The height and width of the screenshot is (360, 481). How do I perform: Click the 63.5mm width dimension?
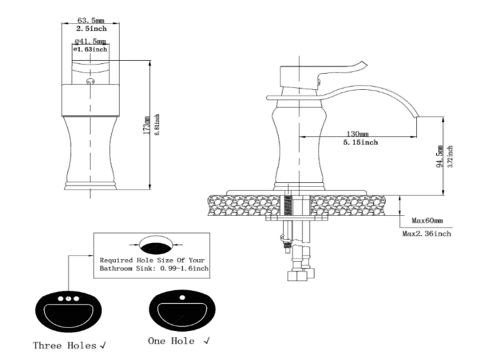(91, 20)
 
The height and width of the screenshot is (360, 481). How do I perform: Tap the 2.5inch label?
(91, 28)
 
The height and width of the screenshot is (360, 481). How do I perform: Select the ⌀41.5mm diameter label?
(91, 41)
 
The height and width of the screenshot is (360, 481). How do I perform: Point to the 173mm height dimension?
(147, 125)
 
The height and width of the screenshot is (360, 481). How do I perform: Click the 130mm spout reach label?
(358, 134)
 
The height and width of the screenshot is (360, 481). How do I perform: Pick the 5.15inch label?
(361, 142)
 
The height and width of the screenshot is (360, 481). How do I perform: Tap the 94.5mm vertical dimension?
(440, 156)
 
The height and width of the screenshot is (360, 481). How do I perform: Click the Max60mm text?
(427, 220)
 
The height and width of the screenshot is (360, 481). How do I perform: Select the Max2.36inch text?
(427, 234)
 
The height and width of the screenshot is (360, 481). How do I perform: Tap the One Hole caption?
(171, 341)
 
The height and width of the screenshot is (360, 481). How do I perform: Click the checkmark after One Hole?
(207, 341)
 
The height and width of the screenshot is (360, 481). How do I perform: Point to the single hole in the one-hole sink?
(182, 297)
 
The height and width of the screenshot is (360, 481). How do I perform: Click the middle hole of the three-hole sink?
(69, 299)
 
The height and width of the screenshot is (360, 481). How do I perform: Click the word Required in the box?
(112, 260)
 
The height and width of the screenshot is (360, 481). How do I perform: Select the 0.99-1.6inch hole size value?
(185, 268)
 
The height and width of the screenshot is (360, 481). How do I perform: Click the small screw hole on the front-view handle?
(91, 81)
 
